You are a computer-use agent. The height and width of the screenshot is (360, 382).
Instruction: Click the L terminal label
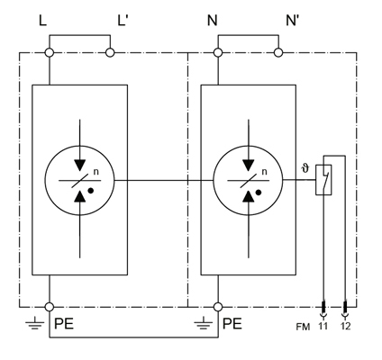pyautogui.click(x=43, y=21)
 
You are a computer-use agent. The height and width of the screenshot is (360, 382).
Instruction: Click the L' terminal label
pyautogui.click(x=123, y=21)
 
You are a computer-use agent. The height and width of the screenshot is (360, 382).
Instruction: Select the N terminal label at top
pyautogui.click(x=212, y=21)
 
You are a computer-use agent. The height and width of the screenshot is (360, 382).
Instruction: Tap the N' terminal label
pyautogui.click(x=292, y=21)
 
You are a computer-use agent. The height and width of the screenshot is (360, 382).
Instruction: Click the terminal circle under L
pyautogui.click(x=50, y=53)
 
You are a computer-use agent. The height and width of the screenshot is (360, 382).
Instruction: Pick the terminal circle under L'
pyautogui.click(x=110, y=53)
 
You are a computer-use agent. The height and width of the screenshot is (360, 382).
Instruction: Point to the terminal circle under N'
pyautogui.click(x=278, y=53)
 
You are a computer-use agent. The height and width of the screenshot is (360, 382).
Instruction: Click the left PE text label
pyautogui.click(x=64, y=324)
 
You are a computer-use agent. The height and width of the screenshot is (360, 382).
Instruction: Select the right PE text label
pyautogui.click(x=232, y=324)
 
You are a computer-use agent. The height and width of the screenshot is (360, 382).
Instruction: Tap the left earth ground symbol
pyautogui.click(x=35, y=322)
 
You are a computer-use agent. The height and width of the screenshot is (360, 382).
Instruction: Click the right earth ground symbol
pyautogui.click(x=204, y=322)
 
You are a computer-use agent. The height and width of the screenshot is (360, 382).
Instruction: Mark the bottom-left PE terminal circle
pyautogui.click(x=50, y=307)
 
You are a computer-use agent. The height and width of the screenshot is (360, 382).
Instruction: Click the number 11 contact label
pyautogui.click(x=323, y=326)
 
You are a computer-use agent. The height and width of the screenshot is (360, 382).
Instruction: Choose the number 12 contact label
pyautogui.click(x=346, y=326)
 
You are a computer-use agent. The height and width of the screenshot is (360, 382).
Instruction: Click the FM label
pyautogui.click(x=303, y=327)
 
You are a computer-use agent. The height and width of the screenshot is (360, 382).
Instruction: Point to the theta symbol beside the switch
pyautogui.click(x=305, y=169)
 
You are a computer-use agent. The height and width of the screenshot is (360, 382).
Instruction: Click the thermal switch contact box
pyautogui.click(x=323, y=180)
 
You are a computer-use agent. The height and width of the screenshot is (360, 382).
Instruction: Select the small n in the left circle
pyautogui.click(x=95, y=172)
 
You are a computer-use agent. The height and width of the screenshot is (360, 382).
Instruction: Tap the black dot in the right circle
pyautogui.click(x=259, y=193)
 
